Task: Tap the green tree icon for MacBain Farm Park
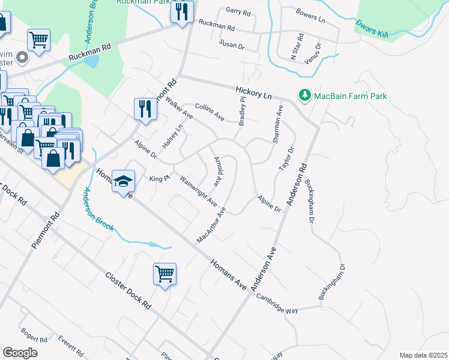[x=305, y=96]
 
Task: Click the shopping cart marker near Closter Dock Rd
[x=164, y=274]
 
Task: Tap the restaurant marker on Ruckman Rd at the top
[x=181, y=11]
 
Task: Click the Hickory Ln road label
[x=253, y=92]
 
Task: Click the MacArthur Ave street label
[x=211, y=226]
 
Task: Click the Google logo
[x=20, y=353]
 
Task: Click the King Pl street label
[x=157, y=179]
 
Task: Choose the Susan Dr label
[x=232, y=44]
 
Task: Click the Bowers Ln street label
[x=310, y=16]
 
